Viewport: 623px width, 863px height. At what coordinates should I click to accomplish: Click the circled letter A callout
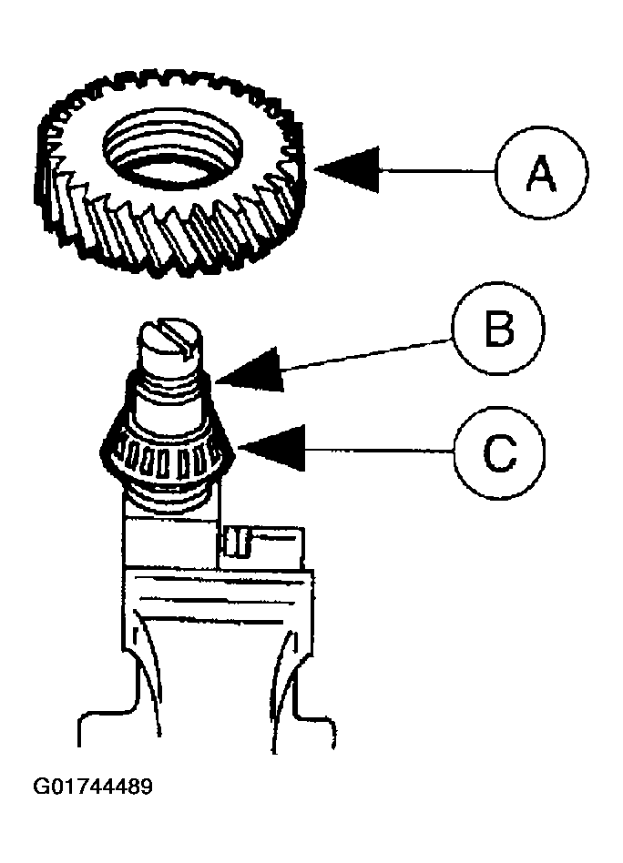click(541, 172)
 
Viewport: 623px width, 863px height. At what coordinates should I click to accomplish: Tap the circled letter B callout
click(499, 329)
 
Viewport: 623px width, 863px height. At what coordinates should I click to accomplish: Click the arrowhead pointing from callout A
click(348, 169)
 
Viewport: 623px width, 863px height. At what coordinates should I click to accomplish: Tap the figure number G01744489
click(93, 786)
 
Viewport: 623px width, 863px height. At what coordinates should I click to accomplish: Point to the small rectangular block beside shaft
click(261, 548)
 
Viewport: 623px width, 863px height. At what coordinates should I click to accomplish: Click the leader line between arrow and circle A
click(437, 170)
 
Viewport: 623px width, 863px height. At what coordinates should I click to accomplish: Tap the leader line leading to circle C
click(379, 451)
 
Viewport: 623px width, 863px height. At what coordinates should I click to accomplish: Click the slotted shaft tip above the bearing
click(169, 346)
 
